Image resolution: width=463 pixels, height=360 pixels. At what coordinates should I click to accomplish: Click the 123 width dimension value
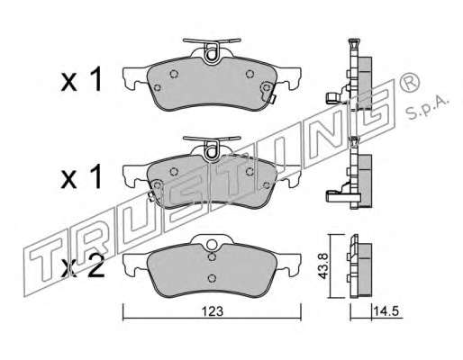click(x=213, y=311)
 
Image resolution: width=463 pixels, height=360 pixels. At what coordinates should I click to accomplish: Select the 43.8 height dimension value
click(x=323, y=265)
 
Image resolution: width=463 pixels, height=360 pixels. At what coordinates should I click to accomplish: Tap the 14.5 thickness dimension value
click(x=386, y=311)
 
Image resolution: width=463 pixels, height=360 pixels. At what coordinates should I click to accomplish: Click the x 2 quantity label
click(x=83, y=267)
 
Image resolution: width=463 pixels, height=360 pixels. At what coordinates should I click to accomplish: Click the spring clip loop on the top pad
click(x=212, y=53)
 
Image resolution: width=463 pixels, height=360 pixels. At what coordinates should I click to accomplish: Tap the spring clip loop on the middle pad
click(x=212, y=151)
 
